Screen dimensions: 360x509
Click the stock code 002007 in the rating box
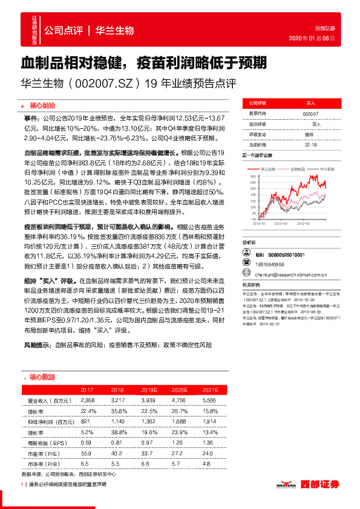coord(312,114)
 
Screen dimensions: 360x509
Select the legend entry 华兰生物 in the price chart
coord(269,169)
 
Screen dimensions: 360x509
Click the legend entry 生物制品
coord(299,169)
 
